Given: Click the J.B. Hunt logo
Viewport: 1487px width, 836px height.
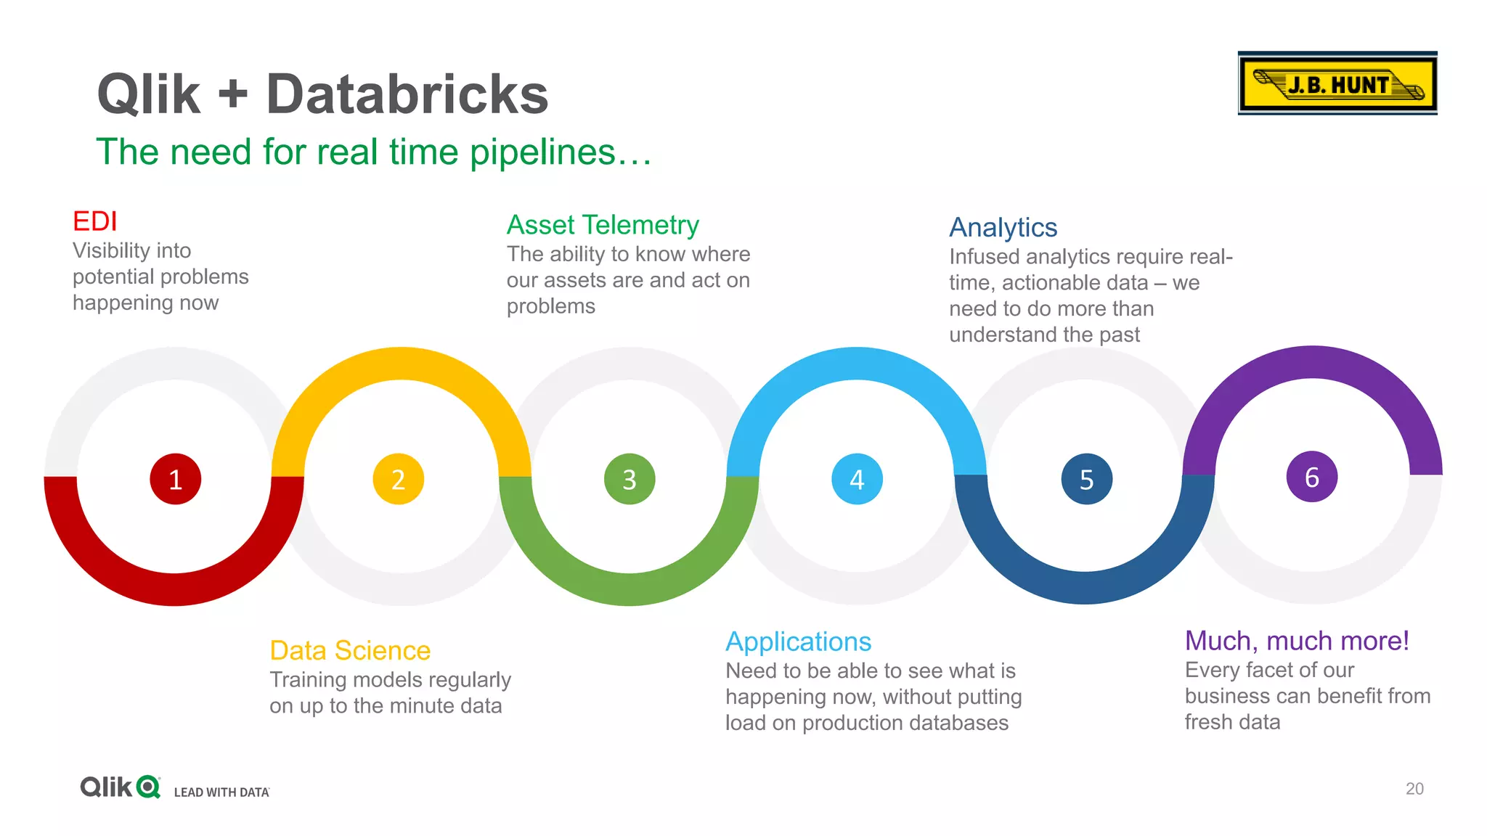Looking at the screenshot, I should point(1337,83).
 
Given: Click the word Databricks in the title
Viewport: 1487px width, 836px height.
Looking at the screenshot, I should point(407,94).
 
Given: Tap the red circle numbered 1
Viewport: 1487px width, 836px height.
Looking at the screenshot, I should point(175,479).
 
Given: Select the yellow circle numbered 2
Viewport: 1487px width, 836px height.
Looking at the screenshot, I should point(398,479).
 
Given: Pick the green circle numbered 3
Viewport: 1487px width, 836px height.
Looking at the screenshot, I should point(630,479).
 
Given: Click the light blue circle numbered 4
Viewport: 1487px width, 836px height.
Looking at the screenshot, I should point(857,479).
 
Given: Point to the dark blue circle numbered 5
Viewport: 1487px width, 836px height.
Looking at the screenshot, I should point(1086,479).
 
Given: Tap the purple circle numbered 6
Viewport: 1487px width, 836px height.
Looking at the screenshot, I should point(1311,477).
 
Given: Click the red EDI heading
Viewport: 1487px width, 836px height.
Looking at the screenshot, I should point(94,221).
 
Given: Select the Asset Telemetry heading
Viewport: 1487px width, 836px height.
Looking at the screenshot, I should point(603,225).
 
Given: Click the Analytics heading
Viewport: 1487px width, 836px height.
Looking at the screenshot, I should point(1003,228).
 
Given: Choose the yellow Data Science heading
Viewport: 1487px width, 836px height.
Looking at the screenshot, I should point(350,650).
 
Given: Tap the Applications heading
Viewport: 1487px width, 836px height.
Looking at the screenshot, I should point(798,642).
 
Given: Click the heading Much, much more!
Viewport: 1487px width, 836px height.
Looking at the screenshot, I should point(1297,641).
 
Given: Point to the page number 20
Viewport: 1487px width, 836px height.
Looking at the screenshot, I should point(1414,789).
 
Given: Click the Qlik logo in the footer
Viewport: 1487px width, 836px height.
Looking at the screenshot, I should point(120,787).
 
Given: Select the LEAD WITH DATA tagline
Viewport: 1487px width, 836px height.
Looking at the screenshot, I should point(221,792).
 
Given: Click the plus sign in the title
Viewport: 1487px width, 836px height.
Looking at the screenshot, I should point(232,95).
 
